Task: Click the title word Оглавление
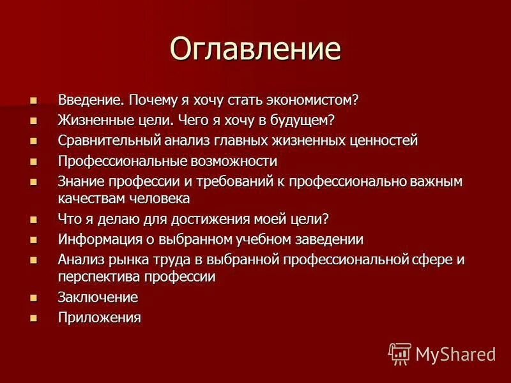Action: click(x=256, y=50)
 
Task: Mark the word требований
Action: click(x=223, y=181)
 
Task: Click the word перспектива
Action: click(x=98, y=276)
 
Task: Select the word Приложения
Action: click(x=99, y=317)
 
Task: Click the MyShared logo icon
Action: click(x=400, y=353)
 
